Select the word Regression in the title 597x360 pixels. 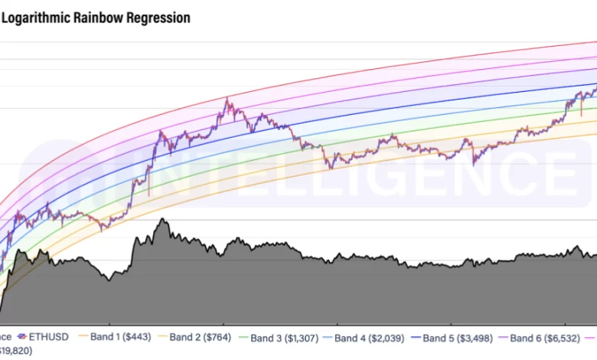pyautogui.click(x=158, y=18)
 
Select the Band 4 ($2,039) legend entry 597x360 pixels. pyautogui.click(x=372, y=338)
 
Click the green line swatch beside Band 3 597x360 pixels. pyautogui.click(x=243, y=338)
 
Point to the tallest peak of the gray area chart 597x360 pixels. pyautogui.click(x=161, y=220)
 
